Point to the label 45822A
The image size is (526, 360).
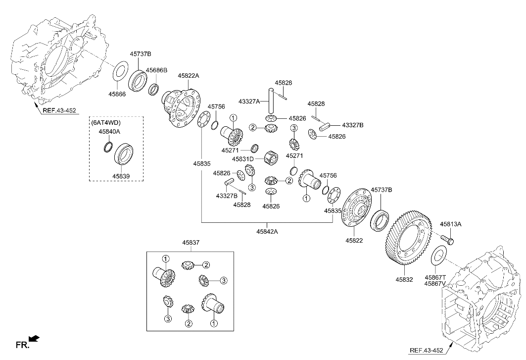189,75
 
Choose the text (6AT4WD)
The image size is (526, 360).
106,122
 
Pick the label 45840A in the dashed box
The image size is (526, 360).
109,131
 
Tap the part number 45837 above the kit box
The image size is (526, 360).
190,243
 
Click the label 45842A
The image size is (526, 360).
267,231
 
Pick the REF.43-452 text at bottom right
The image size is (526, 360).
426,351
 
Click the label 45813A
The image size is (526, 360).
450,224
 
